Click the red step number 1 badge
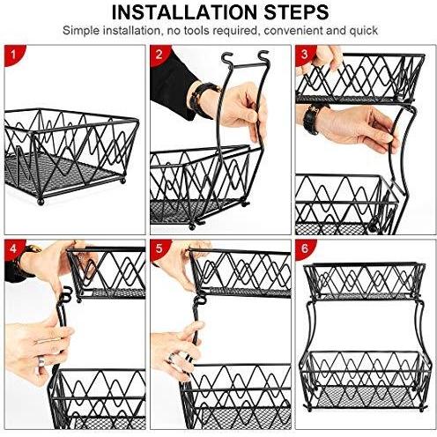point(13,55)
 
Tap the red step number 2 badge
point(159,55)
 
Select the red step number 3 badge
point(305,55)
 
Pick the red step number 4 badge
point(13,248)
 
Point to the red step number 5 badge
point(159,248)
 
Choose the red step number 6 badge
point(305,248)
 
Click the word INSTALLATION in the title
point(184,12)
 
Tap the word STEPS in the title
point(296,12)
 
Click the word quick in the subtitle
point(363,31)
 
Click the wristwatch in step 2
point(203,100)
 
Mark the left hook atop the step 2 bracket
point(226,58)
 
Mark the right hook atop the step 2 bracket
point(263,56)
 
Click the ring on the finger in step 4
point(41,360)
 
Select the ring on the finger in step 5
point(172,358)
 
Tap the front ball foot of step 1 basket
point(41,202)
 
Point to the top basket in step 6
point(364,280)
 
